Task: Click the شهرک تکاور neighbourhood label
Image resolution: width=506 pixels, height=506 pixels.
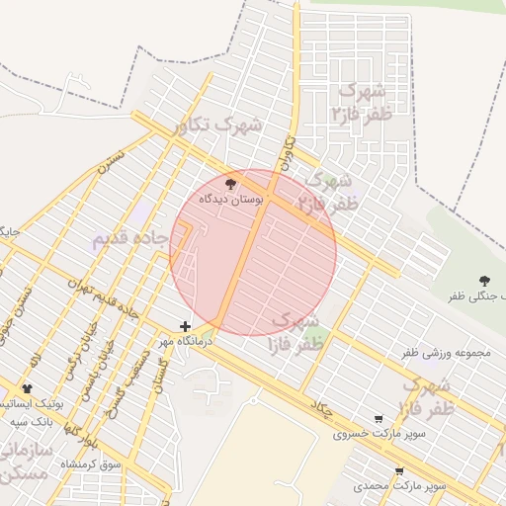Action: [217, 126]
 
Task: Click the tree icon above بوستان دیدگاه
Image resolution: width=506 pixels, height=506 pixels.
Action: [231, 184]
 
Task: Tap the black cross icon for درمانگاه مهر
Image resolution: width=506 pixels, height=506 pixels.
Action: [185, 326]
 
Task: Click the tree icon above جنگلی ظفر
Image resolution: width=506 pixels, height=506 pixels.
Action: [483, 282]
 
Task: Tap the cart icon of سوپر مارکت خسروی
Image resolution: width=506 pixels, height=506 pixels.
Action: [379, 419]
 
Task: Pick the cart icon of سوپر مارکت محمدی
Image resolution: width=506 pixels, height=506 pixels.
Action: [399, 471]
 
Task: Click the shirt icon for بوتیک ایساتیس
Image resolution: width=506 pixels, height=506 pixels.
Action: [27, 389]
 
